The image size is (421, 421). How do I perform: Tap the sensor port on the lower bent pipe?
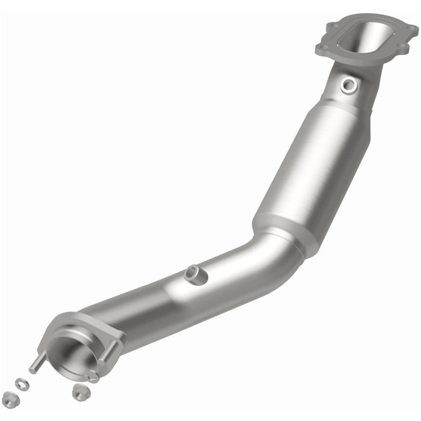point(194,274)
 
